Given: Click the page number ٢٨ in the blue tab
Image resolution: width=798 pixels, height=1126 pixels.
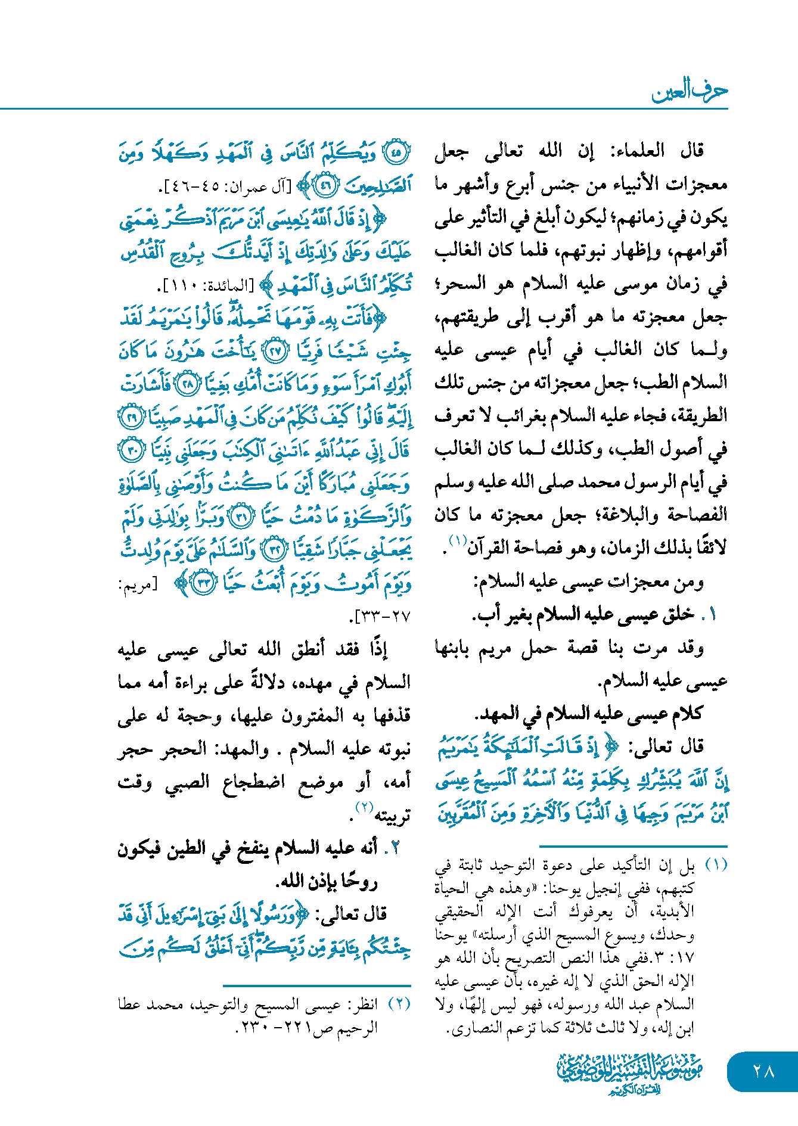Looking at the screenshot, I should tap(763, 1071).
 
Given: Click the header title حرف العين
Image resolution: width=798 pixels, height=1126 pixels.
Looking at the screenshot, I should tap(689, 91).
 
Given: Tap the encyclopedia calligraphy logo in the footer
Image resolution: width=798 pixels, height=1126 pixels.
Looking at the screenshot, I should tap(629, 1073).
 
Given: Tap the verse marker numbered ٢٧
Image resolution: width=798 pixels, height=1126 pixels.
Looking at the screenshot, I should tap(275, 352).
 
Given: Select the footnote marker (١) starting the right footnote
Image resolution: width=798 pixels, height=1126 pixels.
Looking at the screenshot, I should tap(716, 864).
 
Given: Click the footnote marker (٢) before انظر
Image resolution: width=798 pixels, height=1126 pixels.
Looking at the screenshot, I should tap(399, 1004).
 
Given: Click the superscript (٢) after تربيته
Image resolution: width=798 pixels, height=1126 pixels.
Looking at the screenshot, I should tap(364, 807).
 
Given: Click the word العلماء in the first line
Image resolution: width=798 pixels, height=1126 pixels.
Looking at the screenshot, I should tap(636, 151).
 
